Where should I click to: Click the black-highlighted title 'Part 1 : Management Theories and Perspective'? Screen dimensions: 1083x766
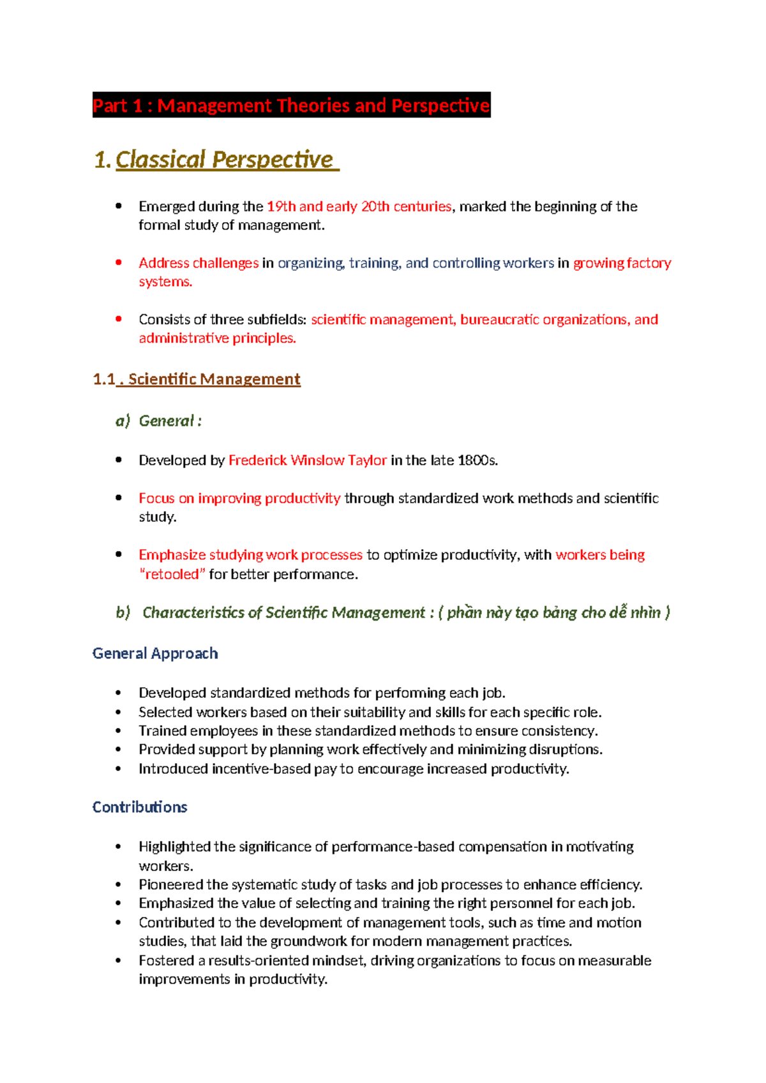point(291,105)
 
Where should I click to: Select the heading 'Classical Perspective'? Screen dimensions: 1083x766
point(224,160)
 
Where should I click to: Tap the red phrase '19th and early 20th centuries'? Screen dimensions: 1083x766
point(359,207)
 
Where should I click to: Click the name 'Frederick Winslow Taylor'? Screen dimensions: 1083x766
point(307,460)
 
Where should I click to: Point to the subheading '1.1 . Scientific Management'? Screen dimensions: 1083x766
point(197,379)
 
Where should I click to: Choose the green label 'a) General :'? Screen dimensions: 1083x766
point(159,421)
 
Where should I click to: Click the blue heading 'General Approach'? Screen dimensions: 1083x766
point(155,653)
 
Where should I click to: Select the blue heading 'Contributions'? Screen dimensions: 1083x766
point(140,807)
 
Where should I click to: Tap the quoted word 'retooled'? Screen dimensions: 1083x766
point(172,574)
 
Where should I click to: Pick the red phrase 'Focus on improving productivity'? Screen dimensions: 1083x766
point(239,498)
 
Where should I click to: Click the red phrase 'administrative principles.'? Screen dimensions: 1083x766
point(217,338)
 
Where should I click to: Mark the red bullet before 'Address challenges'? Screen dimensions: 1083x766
point(119,262)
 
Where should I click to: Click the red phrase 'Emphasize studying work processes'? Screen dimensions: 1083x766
point(250,555)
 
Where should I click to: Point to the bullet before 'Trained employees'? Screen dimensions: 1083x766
point(119,731)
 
